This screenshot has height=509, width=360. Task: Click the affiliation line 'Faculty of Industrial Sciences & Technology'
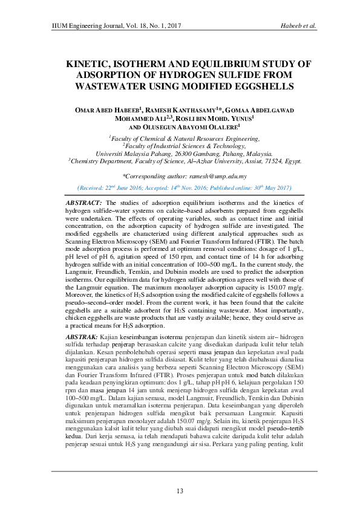coord(180,146)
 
